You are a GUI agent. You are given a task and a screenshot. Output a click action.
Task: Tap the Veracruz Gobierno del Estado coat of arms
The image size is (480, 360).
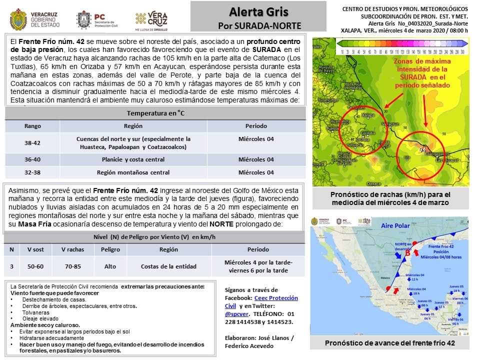[18, 19]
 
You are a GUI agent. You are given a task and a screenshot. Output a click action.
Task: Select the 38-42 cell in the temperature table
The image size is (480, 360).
[32, 142]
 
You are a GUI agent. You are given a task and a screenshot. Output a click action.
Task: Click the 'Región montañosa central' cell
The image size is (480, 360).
[133, 172]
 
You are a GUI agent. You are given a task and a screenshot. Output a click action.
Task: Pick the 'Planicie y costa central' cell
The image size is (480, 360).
[133, 159]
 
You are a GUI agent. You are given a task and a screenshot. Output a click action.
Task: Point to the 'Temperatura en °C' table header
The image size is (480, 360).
[155, 113]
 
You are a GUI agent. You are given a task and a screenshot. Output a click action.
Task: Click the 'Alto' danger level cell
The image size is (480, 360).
[110, 266]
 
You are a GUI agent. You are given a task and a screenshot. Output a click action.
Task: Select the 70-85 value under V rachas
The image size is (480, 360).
[72, 266]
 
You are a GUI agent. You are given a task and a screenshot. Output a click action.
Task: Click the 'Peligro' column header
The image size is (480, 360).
[110, 249]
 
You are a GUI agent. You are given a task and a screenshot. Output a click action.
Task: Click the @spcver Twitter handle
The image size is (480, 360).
[235, 314]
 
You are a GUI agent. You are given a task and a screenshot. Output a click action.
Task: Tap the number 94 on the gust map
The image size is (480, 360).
[422, 149]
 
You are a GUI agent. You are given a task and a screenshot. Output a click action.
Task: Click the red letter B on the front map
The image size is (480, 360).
[407, 252]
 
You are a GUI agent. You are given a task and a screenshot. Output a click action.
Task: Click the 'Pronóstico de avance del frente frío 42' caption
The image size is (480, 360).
[389, 343]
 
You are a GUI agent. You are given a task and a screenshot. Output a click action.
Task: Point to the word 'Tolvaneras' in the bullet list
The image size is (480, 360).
[35, 312]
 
